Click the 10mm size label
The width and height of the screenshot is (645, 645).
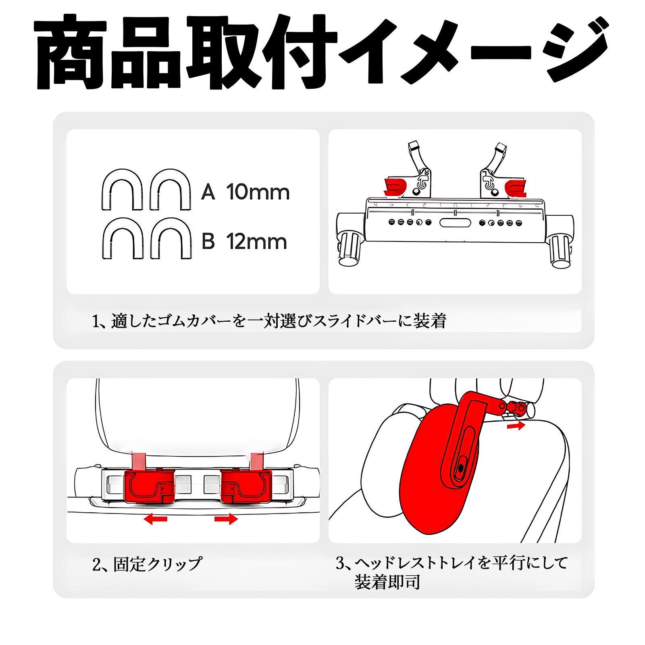258,192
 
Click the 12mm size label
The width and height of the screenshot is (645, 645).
256,242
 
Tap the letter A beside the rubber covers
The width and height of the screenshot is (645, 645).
208,192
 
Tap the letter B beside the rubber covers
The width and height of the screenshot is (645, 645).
208,241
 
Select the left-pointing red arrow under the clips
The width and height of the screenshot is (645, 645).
156,519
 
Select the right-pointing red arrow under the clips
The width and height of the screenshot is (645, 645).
226,519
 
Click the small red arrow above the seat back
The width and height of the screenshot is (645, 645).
516,426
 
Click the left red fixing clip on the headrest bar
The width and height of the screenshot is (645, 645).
149,486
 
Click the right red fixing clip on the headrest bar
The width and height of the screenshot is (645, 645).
246,486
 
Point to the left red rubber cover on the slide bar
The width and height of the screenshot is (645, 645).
395,187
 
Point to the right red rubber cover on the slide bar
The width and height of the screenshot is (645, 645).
516,187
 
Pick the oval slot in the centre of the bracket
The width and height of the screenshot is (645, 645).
455,223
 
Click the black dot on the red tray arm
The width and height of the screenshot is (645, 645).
461,468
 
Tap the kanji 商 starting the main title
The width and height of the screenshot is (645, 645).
71,52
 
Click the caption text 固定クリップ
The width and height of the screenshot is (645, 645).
158,564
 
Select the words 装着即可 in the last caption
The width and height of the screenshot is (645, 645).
387,582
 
